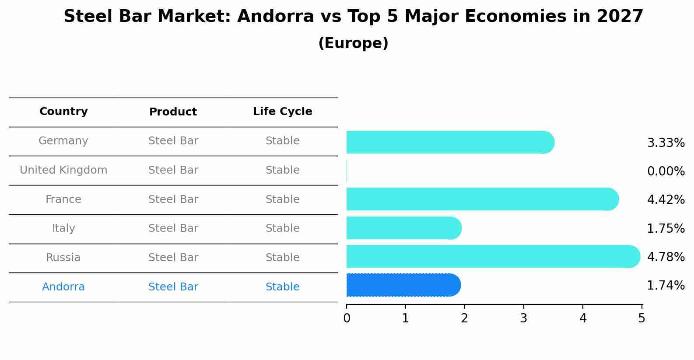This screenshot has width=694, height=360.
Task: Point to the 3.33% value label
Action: point(666,143)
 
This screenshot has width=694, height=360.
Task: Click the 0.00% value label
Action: point(666,171)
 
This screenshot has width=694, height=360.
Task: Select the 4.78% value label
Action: point(666,257)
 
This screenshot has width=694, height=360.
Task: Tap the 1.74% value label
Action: point(666,286)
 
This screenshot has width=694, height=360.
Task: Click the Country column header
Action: point(63,112)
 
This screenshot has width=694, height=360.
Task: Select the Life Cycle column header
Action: point(282,112)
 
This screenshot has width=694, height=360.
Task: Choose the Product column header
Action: point(173,112)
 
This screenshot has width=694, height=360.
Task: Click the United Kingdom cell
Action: point(63,170)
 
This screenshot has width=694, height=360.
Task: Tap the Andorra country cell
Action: point(63,287)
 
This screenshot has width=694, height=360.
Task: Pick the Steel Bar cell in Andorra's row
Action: point(173,287)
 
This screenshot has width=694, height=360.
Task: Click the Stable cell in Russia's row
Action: point(282,258)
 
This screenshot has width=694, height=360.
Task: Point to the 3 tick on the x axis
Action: point(523,318)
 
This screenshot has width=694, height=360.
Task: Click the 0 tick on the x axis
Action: point(347,318)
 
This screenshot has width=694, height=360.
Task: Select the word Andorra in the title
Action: point(276,17)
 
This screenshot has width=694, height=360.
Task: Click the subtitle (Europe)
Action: point(353,43)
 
